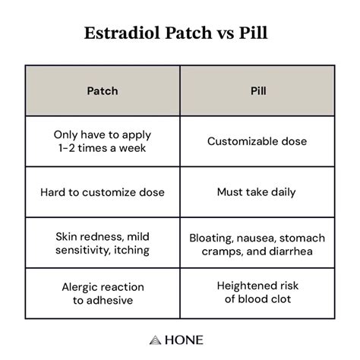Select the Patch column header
coord(102,90)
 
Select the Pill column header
coord(256,90)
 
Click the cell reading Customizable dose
coord(256,141)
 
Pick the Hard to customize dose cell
coord(102,192)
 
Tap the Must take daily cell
coord(256,192)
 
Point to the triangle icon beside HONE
coord(155,339)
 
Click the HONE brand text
coord(186,339)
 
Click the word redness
coord(102,237)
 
